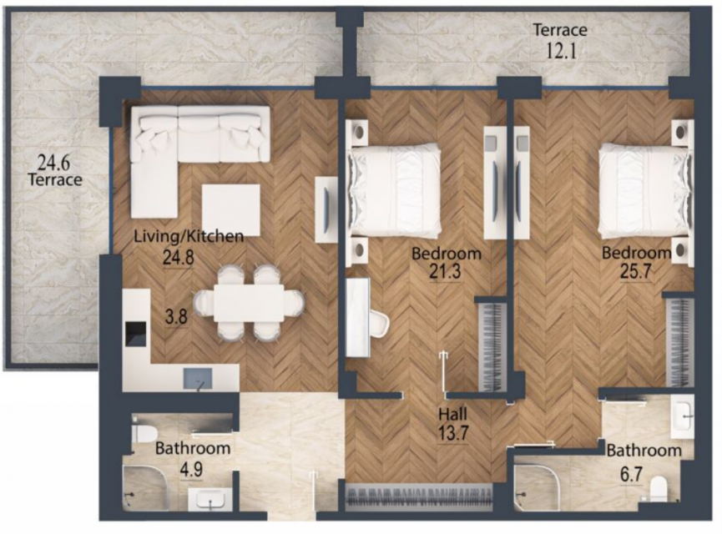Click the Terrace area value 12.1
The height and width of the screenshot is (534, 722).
[561, 50]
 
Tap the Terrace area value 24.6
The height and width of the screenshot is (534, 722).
[53, 163]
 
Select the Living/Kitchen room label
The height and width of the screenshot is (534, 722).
[189, 236]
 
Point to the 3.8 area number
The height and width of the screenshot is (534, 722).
[176, 317]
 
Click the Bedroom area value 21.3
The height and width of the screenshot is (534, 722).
[445, 272]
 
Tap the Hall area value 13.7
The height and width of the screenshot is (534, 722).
[453, 433]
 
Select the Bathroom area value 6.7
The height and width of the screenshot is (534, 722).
[631, 474]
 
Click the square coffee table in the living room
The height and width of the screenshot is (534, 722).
[231, 210]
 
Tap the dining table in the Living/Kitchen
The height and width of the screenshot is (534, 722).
[249, 303]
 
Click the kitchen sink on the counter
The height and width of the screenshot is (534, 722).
[198, 379]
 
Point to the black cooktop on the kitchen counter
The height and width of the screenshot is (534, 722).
[136, 334]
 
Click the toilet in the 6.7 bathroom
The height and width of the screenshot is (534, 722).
[659, 489]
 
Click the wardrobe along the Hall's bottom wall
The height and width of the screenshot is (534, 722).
[419, 496]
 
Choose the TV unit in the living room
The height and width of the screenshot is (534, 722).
[326, 209]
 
